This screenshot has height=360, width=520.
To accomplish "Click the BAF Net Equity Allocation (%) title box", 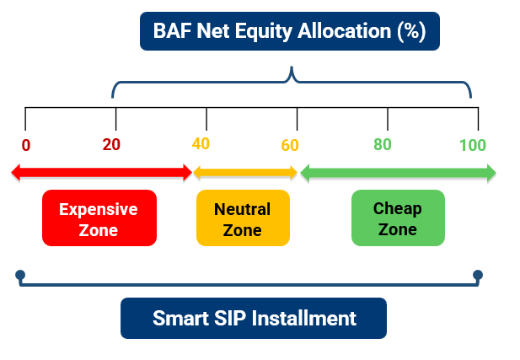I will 290,31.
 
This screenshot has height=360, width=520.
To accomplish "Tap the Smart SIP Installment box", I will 254,319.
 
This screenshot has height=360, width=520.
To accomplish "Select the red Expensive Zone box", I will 99,218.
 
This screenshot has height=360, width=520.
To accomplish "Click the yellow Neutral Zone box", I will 243,218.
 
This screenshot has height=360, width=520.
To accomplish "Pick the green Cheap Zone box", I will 398,218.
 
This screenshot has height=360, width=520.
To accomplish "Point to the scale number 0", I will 26,144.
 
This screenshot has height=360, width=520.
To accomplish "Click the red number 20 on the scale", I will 111,144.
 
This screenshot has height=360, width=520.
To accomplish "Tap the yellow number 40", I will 201,143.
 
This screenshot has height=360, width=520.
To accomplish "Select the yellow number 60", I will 290,145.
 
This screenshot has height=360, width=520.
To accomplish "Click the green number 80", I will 383,144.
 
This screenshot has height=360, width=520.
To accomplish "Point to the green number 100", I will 473,144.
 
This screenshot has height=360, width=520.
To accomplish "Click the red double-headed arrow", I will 101,173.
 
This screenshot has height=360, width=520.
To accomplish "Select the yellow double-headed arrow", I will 245,173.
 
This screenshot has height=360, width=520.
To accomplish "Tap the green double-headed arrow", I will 398,173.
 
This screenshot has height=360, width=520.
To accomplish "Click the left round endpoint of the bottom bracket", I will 20,275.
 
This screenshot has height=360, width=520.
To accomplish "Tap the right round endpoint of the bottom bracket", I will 478,275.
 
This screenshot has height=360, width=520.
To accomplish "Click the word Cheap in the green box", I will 398,208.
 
